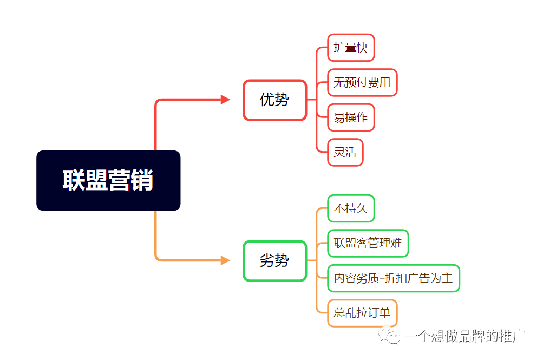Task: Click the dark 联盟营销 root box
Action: click(x=108, y=180)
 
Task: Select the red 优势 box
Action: click(x=274, y=100)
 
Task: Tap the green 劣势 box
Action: click(x=274, y=261)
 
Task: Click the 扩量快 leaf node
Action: click(x=351, y=48)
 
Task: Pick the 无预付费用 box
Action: click(x=362, y=82)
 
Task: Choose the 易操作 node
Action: click(x=351, y=117)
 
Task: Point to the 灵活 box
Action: click(x=345, y=152)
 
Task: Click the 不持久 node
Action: click(x=351, y=208)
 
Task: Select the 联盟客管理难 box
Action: click(x=368, y=243)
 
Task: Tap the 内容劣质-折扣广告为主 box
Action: click(x=394, y=278)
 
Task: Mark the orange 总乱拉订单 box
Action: click(x=362, y=313)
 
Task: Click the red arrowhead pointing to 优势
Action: click(x=225, y=100)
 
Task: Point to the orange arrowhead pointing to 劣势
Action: click(x=225, y=261)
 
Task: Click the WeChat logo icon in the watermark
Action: click(x=390, y=337)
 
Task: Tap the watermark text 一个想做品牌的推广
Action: click(x=465, y=337)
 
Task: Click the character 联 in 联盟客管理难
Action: click(x=339, y=243)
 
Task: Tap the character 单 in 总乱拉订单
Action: click(x=385, y=313)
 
